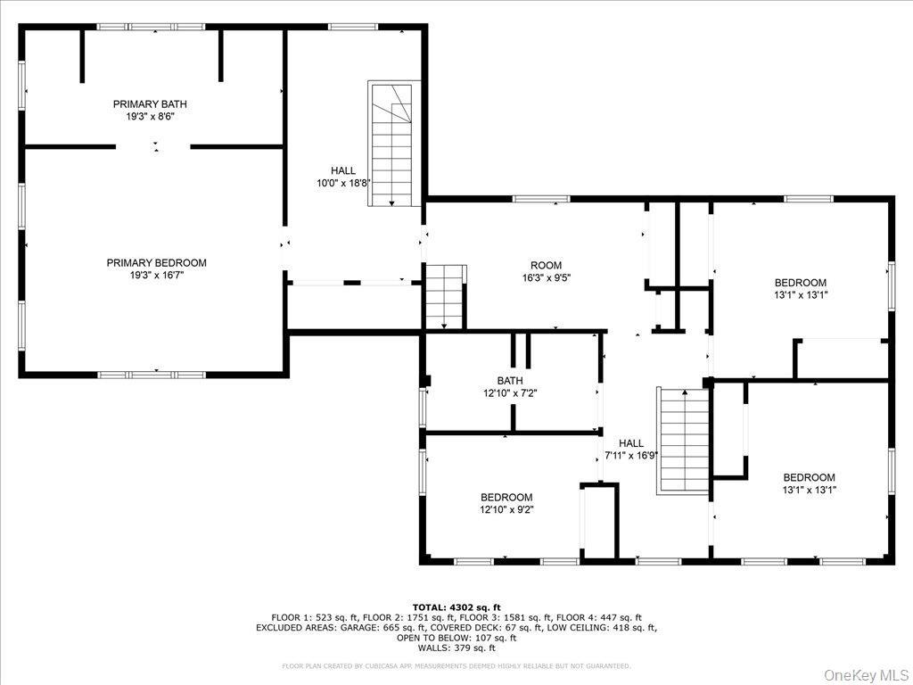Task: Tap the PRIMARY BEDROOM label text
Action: pyautogui.click(x=156, y=262)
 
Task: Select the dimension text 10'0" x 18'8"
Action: pyautogui.click(x=343, y=183)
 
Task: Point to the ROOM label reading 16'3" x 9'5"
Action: pyautogui.click(x=546, y=265)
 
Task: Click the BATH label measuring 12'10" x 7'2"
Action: pyautogui.click(x=510, y=380)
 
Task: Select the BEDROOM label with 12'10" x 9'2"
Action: pyautogui.click(x=506, y=498)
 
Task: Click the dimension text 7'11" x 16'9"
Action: pyautogui.click(x=631, y=455)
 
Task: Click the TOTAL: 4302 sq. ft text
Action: pyautogui.click(x=456, y=607)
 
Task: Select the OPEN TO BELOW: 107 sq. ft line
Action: pyautogui.click(x=456, y=638)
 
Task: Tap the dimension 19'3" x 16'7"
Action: pyautogui.click(x=156, y=276)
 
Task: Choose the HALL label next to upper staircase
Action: pyautogui.click(x=343, y=170)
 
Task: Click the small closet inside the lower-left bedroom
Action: pyautogui.click(x=599, y=522)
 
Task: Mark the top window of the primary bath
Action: pyautogui.click(x=152, y=27)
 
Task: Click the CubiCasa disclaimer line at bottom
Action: pyautogui.click(x=456, y=665)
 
